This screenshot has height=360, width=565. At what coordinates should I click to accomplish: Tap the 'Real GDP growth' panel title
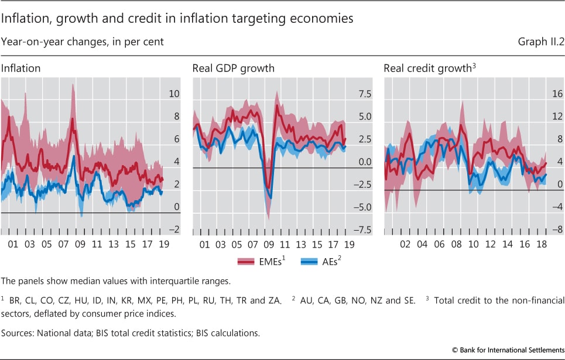click(233, 68)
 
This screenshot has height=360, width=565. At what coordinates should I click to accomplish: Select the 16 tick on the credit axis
click(557, 94)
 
